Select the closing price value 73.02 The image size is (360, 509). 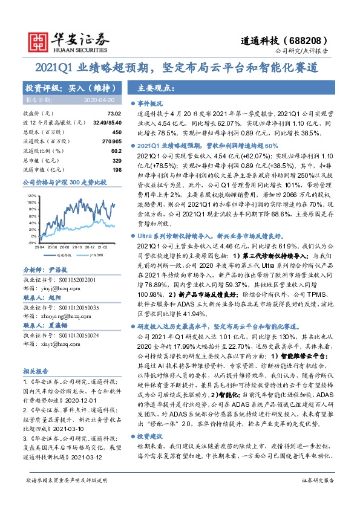click(114, 114)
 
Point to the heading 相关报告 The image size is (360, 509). click(35, 371)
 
